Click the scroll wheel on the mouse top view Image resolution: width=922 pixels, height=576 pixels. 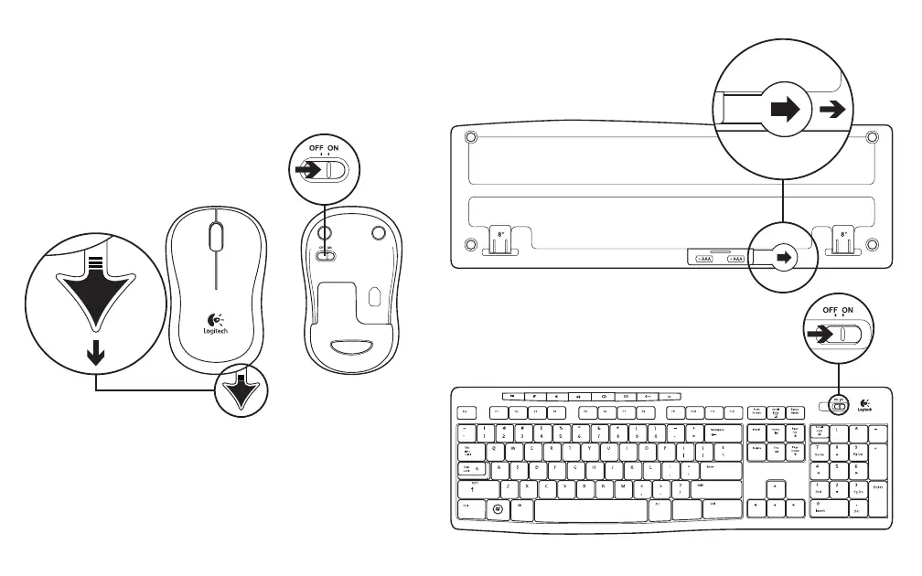[x=215, y=237]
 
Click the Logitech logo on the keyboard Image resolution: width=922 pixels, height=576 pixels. [x=863, y=405]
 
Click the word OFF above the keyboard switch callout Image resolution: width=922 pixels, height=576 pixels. [x=831, y=311]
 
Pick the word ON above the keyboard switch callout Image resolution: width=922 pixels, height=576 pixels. [x=848, y=311]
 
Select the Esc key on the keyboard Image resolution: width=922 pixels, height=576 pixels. [x=465, y=412]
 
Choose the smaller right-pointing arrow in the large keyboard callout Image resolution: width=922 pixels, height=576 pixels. [x=831, y=110]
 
